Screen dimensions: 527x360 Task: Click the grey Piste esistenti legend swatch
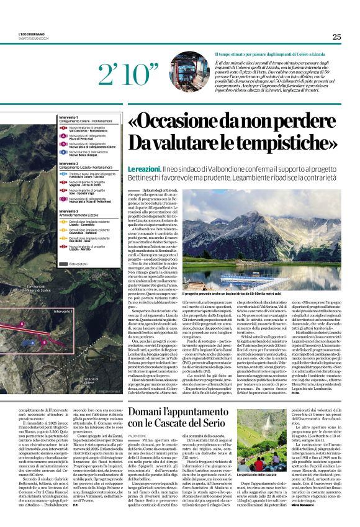point(64,264)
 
